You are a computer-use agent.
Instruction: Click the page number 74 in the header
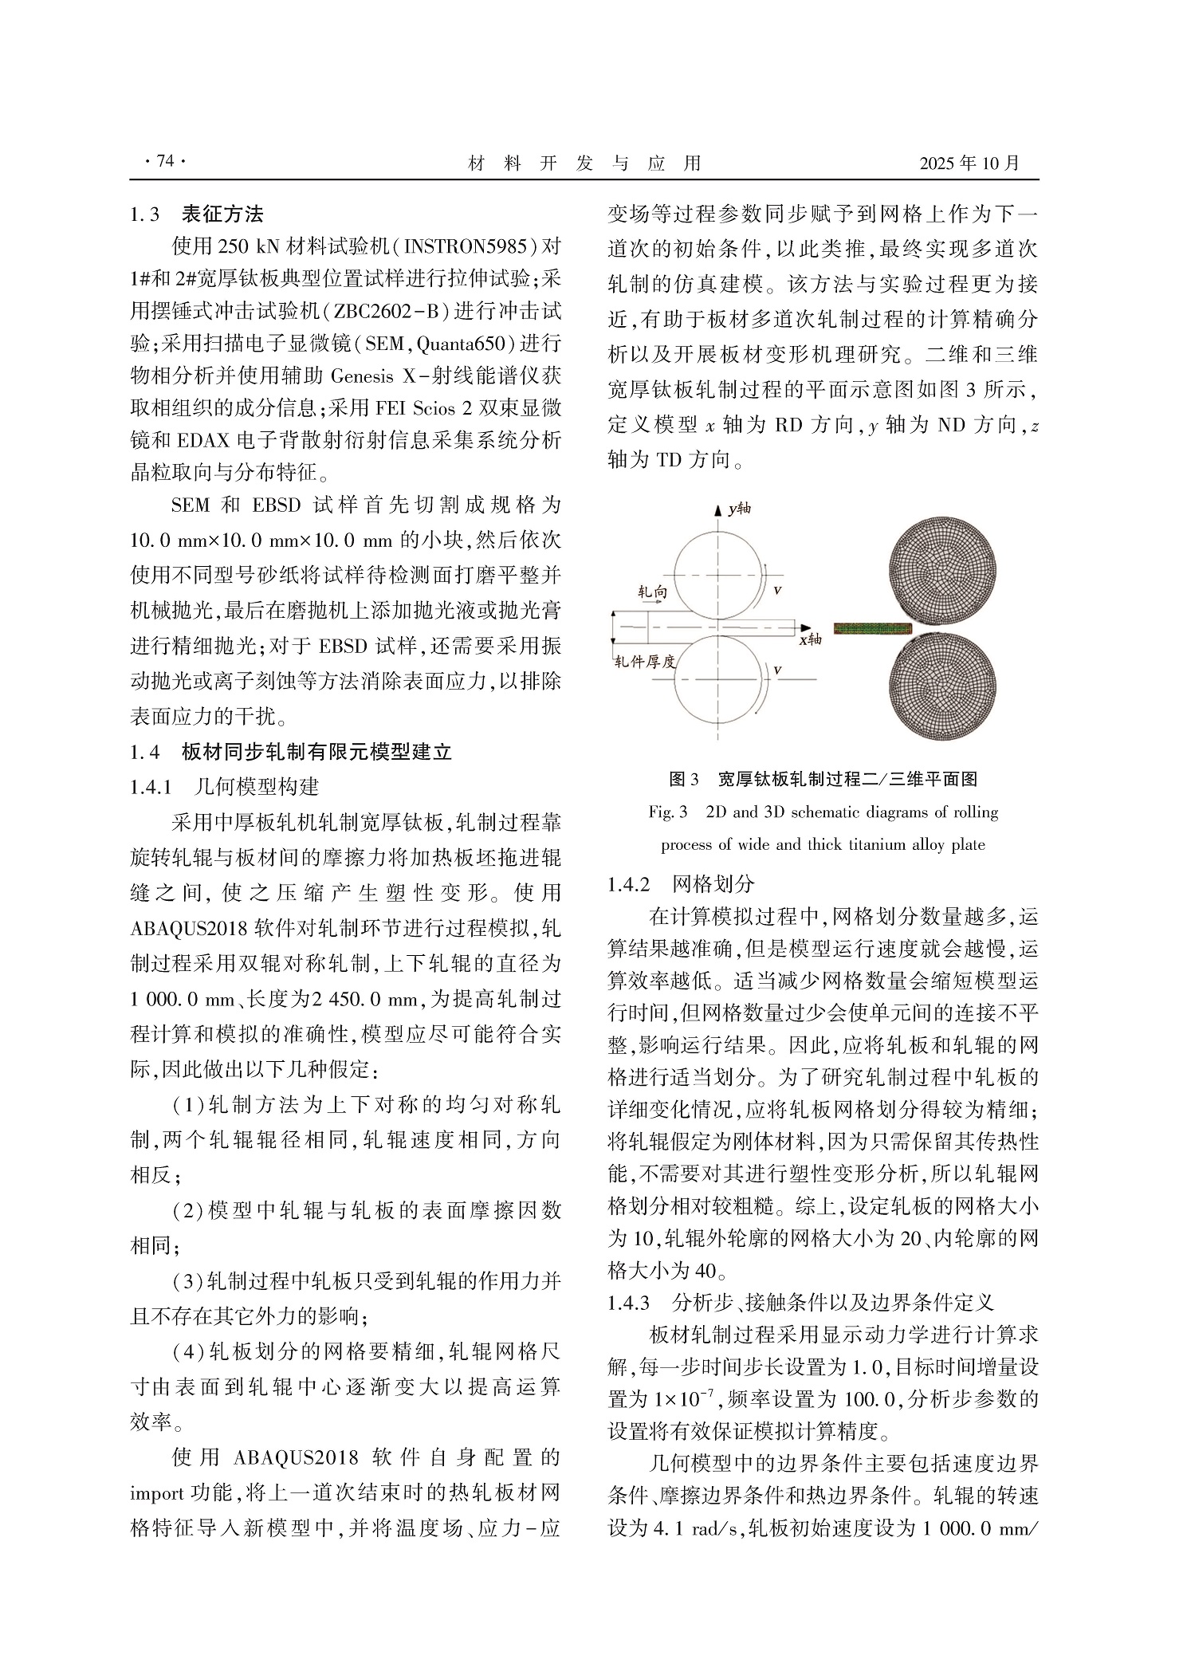[165, 162]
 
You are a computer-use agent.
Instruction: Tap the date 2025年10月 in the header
[969, 163]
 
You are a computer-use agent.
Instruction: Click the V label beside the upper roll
[777, 591]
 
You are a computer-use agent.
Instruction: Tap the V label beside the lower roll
[777, 670]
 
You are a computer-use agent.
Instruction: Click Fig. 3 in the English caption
[668, 812]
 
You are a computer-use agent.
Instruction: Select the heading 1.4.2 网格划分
[680, 883]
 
